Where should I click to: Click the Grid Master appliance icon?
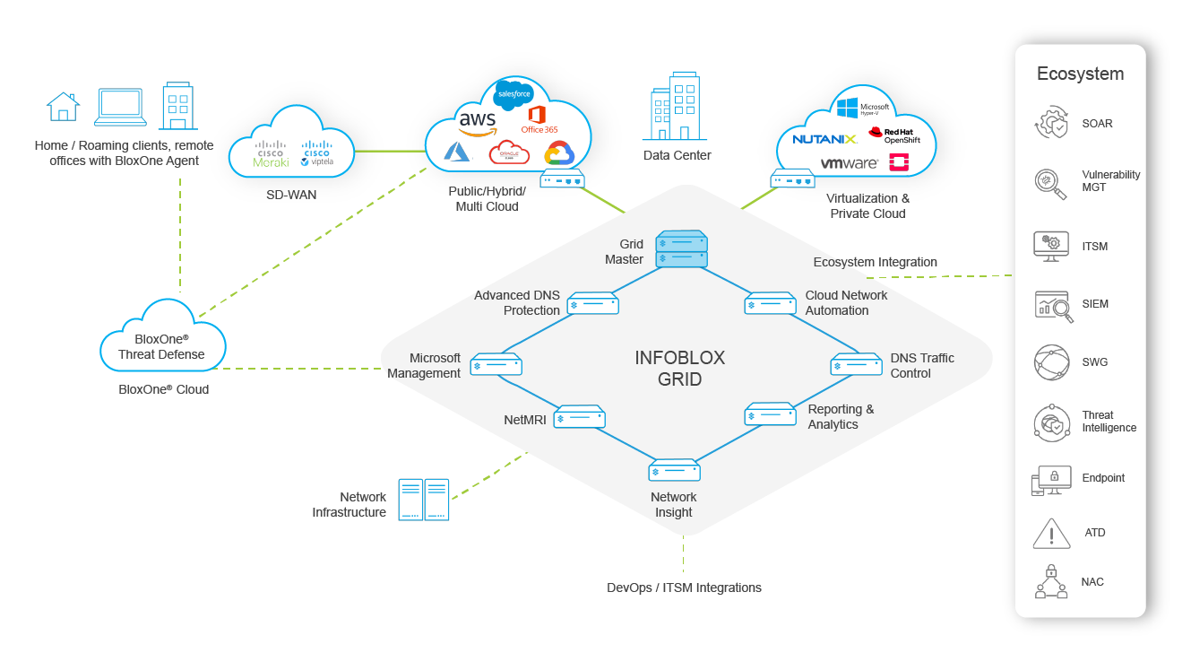[682, 249]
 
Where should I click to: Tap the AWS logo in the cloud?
[477, 122]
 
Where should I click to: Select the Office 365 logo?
[539, 118]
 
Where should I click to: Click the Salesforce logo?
[514, 93]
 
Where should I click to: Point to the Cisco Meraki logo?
[270, 154]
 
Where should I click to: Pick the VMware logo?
[849, 163]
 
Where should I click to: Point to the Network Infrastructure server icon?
[423, 500]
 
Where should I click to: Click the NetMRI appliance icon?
[579, 417]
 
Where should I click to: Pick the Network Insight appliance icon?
[674, 470]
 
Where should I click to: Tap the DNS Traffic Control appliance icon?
[857, 365]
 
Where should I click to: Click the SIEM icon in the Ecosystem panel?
[1050, 305]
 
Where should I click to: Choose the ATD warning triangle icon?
[1050, 533]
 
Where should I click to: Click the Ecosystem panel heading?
[1080, 74]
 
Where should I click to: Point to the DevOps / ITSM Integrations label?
[684, 588]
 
